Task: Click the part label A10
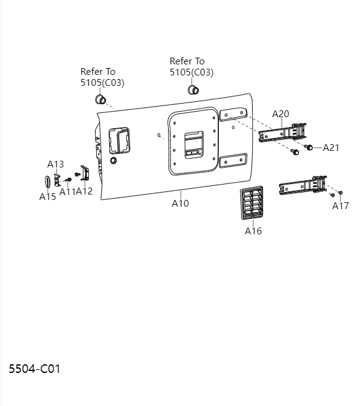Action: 180,203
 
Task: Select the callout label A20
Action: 280,114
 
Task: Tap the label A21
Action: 331,147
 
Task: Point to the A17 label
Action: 340,205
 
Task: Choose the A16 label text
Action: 253,231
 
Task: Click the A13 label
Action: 56,164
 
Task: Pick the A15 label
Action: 48,197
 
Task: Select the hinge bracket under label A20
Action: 283,133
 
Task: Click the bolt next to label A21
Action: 310,148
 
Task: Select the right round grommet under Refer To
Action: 193,91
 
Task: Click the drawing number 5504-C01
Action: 34,369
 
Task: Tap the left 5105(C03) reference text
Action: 102,82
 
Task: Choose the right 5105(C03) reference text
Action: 191,72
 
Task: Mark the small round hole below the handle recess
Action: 113,161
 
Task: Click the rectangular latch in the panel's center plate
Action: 194,143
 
